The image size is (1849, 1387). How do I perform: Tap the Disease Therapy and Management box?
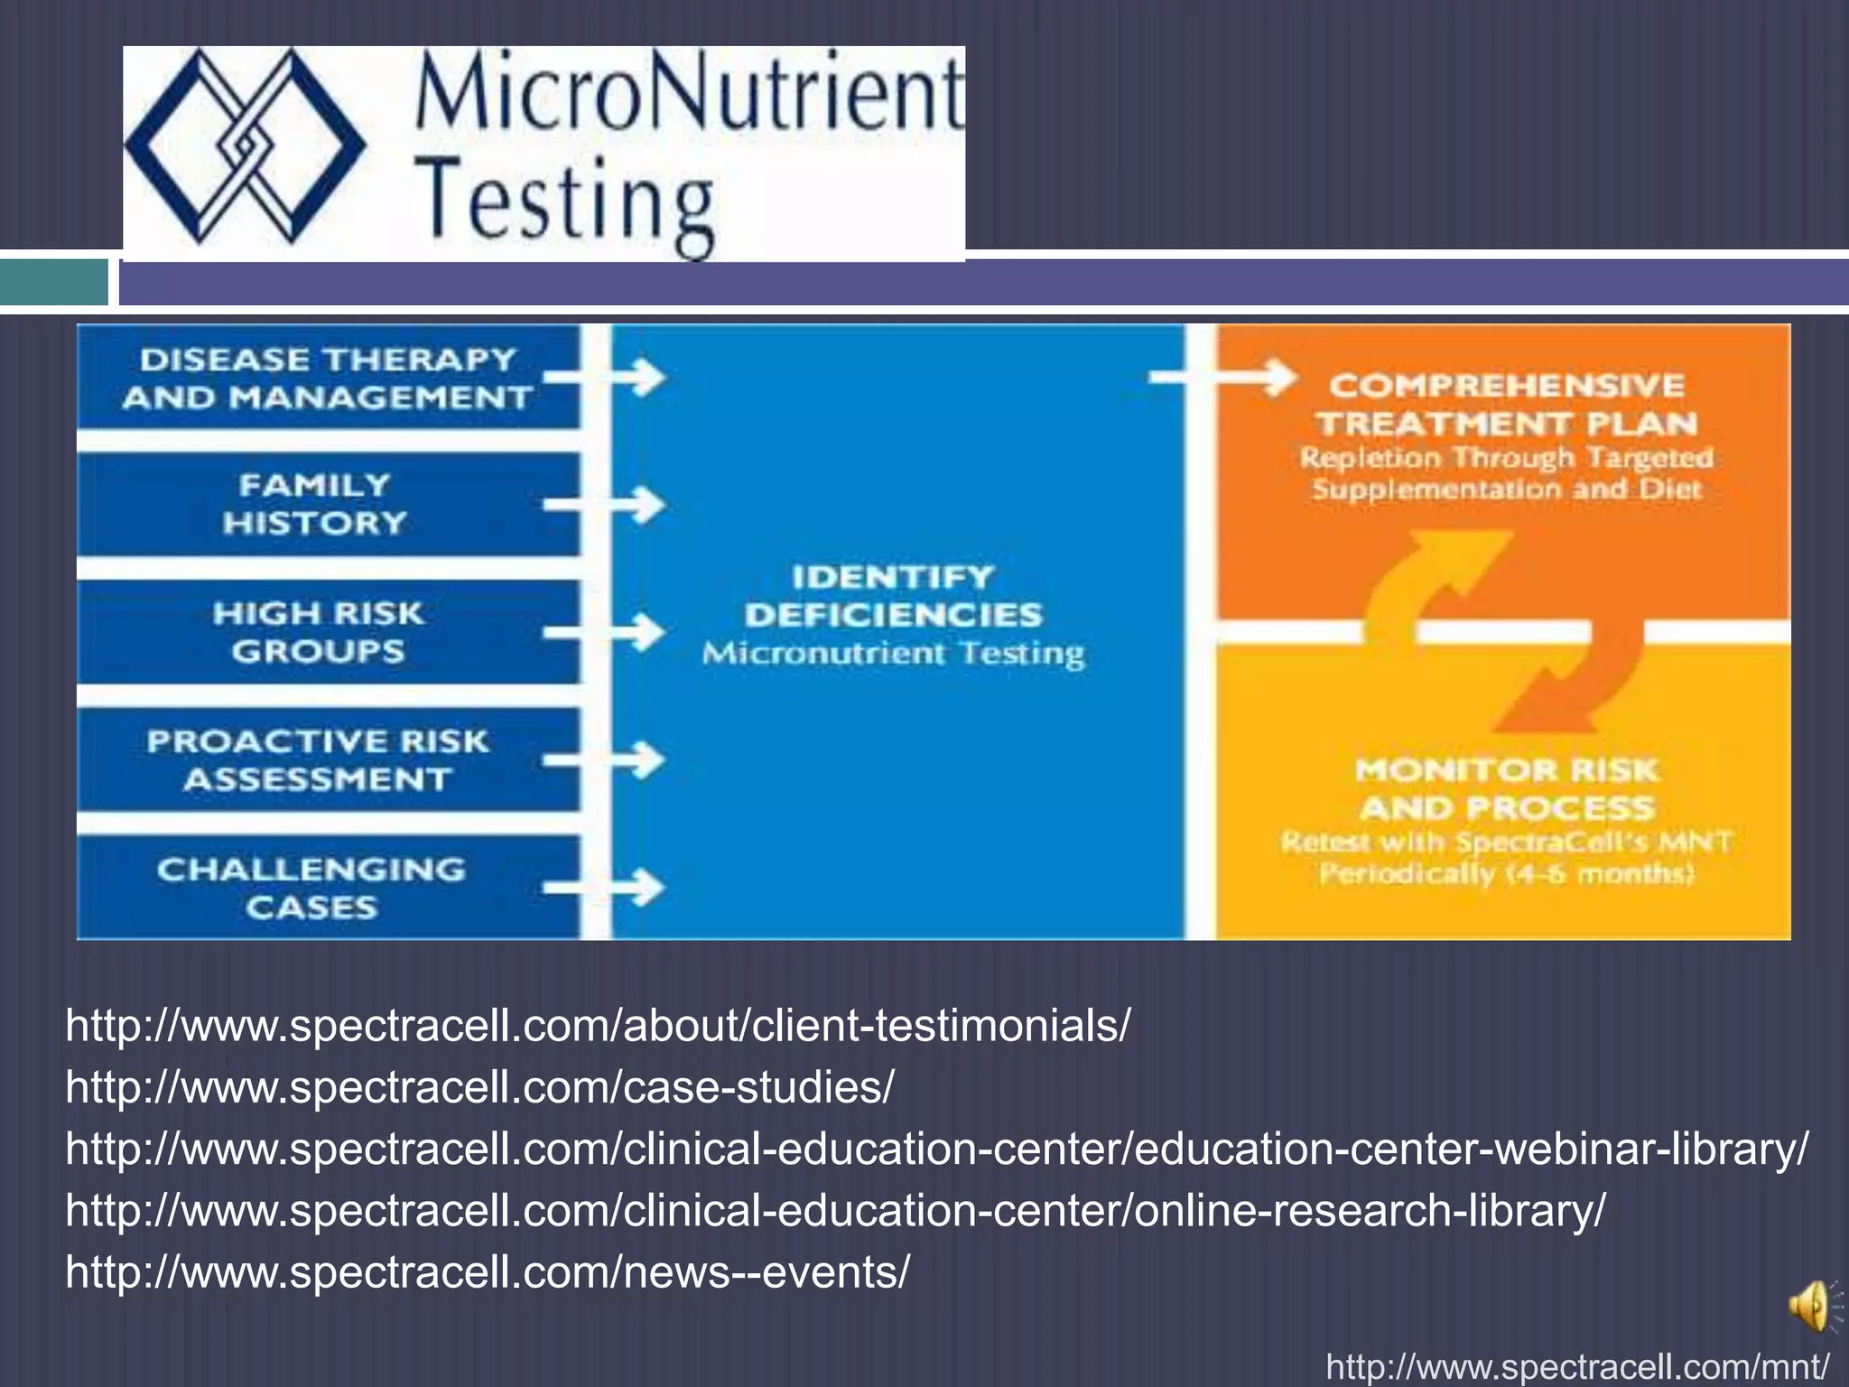tap(327, 378)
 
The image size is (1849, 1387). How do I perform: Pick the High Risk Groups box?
tap(318, 632)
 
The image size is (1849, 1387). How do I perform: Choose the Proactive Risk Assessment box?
tap(318, 760)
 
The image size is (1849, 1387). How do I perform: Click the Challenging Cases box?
tap(311, 888)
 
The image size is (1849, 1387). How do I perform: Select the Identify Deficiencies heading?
tap(894, 596)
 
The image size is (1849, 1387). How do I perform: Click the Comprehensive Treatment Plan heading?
tap(1506, 405)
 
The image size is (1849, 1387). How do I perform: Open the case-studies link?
tap(479, 1087)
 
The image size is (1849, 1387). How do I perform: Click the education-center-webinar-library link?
tap(937, 1149)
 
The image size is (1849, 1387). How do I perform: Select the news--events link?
tap(488, 1271)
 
